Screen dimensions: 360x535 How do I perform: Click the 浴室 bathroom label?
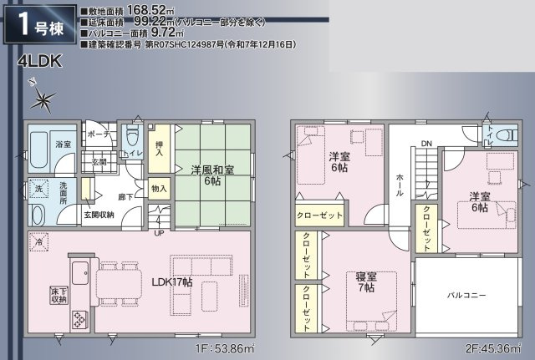tap(39, 144)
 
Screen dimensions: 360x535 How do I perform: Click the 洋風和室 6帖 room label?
tap(211, 174)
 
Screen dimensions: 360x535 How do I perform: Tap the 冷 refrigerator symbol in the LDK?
tap(38, 242)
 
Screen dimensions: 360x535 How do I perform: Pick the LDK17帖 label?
tap(171, 282)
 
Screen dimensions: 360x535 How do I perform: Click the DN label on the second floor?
tap(425, 144)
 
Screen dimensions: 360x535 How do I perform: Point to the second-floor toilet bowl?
tap(489, 134)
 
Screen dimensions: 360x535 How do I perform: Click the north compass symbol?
tap(42, 98)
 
